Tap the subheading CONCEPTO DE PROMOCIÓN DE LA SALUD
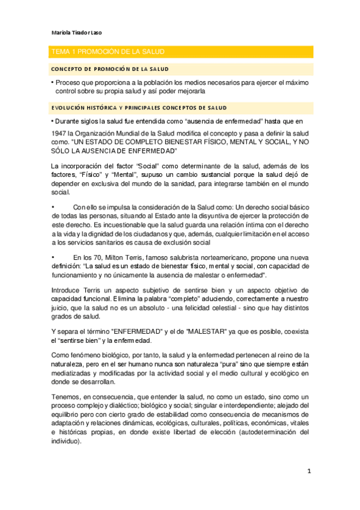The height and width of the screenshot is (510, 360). pyautogui.click(x=109, y=69)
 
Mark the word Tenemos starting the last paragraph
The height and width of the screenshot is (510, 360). pyautogui.click(x=67, y=397)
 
